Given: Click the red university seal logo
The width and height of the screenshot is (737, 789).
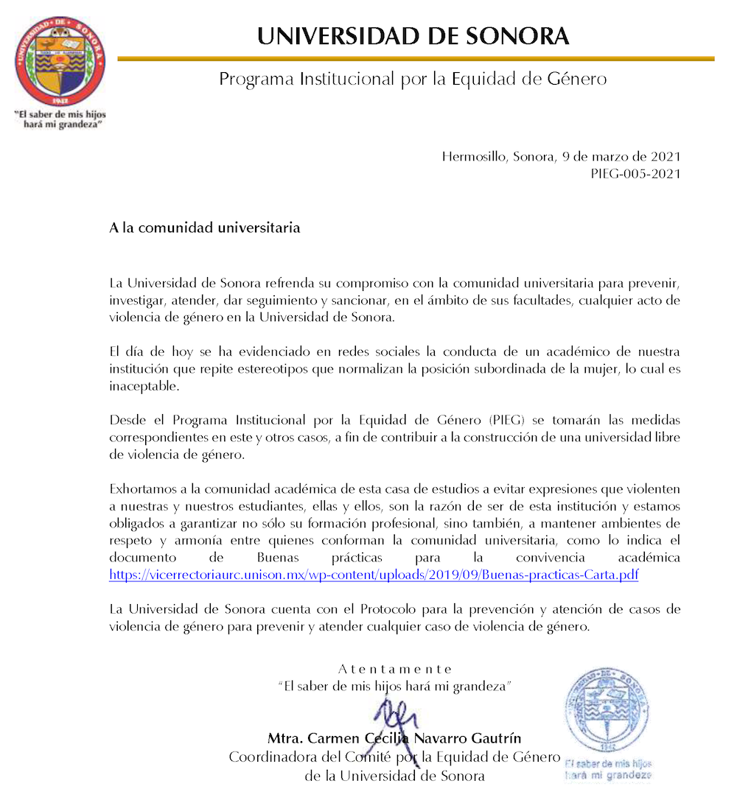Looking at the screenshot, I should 61,61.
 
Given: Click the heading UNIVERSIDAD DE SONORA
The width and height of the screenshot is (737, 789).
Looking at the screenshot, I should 413,36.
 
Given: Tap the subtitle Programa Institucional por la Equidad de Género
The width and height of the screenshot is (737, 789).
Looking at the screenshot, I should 413,79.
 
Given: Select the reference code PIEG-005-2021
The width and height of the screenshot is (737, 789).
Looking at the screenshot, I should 635,174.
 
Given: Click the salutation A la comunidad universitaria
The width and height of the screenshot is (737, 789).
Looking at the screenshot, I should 205,228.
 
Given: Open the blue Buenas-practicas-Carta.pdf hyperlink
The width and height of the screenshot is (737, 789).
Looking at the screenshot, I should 374,575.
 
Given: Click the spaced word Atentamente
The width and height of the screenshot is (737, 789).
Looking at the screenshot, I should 395,669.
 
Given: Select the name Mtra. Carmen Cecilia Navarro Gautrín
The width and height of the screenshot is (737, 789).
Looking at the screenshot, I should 395,738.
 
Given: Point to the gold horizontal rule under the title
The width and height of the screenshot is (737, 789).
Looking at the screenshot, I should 416,58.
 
